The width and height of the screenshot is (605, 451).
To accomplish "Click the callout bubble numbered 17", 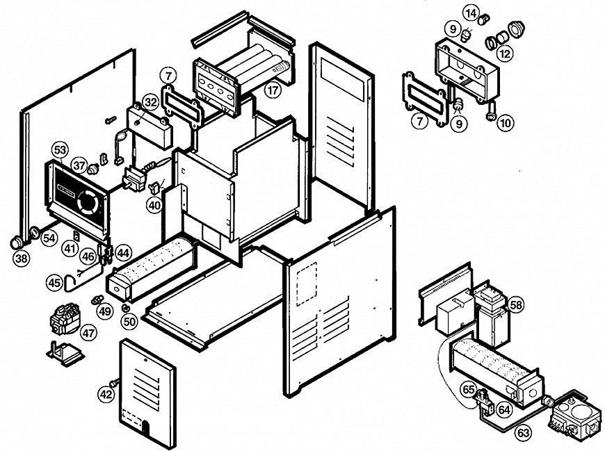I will point(272,90).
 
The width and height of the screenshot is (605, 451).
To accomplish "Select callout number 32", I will point(151,102).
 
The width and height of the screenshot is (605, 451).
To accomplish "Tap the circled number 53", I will point(60,150).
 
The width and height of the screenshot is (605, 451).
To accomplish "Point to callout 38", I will point(22,259).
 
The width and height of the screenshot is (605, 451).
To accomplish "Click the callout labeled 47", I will point(88,333).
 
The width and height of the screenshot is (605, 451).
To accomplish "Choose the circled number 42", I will point(105,394).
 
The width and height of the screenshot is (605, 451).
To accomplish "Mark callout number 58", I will point(515,305).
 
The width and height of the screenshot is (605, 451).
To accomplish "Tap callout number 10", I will point(506,123).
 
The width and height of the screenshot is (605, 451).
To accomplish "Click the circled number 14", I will point(471,13).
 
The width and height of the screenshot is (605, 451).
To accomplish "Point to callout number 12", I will point(506,53).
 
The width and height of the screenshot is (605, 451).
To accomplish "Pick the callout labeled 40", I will point(154,205).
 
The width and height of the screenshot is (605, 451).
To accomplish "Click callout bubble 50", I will point(129,321).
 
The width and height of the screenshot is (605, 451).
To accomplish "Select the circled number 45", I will point(54,283).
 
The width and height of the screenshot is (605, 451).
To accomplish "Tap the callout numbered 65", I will point(469,390).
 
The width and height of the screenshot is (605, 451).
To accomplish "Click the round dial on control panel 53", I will point(88,202).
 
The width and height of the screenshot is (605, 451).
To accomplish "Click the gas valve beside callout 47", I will point(65,322).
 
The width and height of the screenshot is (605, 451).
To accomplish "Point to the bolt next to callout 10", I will point(490,112).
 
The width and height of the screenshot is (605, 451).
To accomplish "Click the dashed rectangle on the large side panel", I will point(306,284).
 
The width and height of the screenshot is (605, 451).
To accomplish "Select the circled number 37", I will point(79,165).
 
